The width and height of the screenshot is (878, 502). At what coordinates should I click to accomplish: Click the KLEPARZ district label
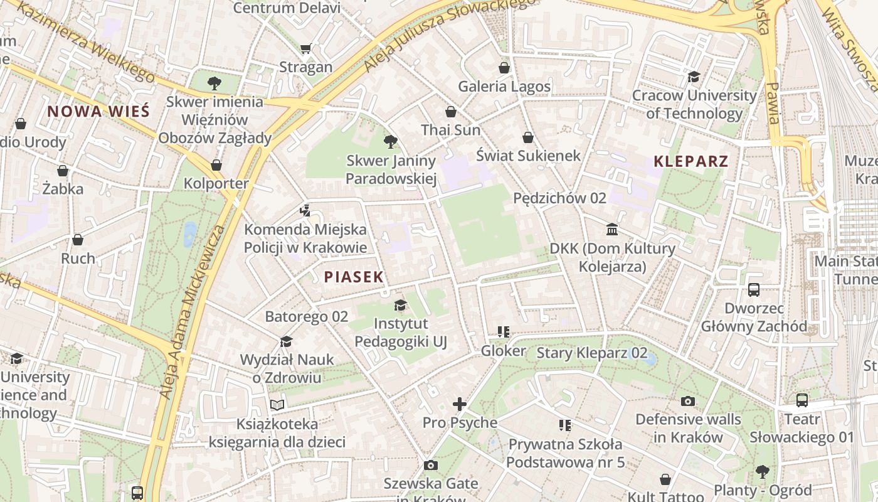[691, 161]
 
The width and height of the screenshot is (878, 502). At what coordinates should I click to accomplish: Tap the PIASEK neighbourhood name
[354, 277]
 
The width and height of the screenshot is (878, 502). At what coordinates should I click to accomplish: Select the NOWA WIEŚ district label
[98, 112]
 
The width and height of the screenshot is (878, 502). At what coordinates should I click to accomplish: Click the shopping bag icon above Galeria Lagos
[504, 68]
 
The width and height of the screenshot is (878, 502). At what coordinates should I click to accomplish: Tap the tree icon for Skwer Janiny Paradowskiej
[390, 142]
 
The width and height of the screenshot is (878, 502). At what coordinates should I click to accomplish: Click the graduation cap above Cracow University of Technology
[694, 77]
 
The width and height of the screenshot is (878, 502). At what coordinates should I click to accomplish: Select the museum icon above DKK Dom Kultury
[612, 230]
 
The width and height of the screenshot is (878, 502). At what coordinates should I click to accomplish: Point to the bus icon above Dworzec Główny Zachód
[754, 290]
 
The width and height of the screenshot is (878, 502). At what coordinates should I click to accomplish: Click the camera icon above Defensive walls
[688, 401]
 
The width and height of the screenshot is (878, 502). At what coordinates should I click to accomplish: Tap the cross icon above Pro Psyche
[460, 404]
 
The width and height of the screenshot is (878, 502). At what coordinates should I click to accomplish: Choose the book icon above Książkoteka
[277, 405]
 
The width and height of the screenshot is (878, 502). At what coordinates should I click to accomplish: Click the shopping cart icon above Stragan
[306, 49]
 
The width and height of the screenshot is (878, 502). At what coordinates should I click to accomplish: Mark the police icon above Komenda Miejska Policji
[305, 211]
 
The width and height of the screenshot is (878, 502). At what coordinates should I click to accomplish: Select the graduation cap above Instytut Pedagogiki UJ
[400, 306]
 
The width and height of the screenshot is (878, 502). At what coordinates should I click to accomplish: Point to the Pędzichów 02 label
[559, 198]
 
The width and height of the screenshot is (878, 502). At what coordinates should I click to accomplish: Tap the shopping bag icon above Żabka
[63, 171]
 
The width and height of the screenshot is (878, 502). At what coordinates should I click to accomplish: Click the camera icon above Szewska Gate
[430, 465]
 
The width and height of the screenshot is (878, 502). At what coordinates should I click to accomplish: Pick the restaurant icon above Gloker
[503, 332]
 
